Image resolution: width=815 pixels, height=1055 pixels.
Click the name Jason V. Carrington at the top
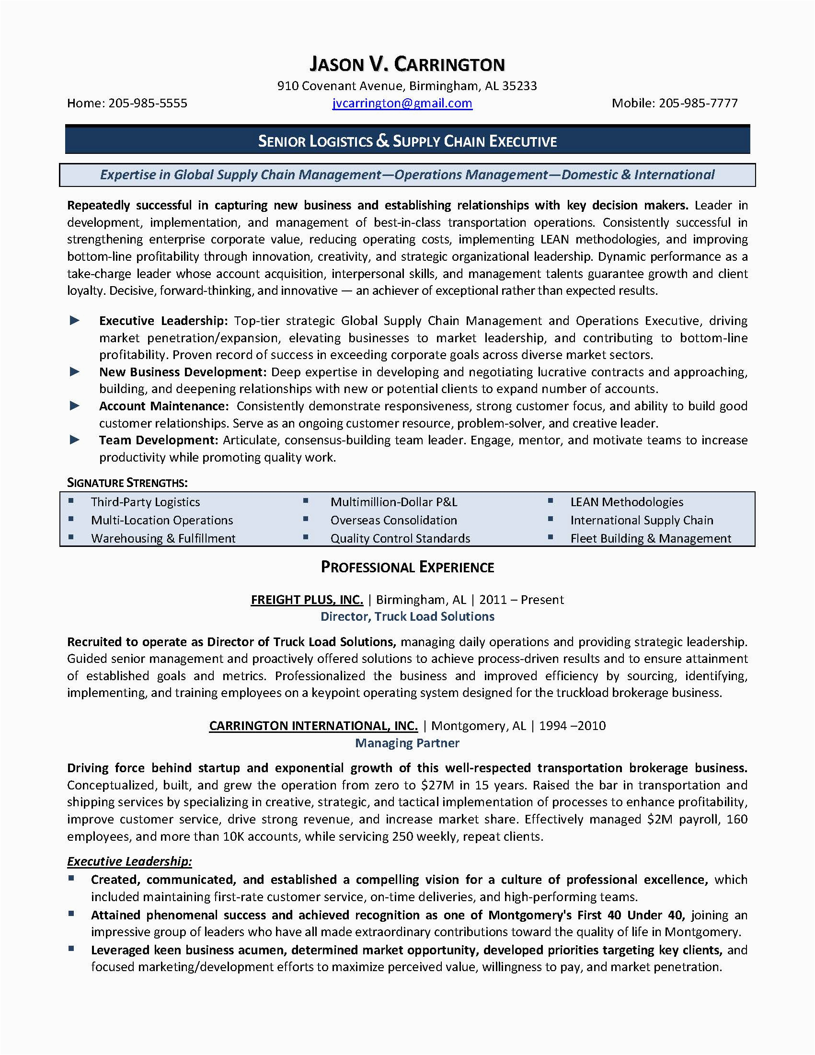tap(407, 64)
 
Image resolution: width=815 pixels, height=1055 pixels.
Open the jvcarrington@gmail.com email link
tap(402, 103)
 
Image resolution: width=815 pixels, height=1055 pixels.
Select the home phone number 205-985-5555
tap(147, 103)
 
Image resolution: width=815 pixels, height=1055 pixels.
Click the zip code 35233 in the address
tap(519, 86)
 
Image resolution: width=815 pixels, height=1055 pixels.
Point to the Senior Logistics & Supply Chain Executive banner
tap(407, 141)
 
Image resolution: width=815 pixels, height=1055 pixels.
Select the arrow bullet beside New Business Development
tap(75, 371)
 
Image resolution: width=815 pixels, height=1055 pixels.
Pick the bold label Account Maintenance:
tap(163, 406)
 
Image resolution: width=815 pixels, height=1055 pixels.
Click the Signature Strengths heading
tap(127, 482)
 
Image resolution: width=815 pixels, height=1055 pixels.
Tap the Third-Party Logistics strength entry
tap(145, 502)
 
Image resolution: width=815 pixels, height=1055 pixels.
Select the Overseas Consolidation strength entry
tap(393, 520)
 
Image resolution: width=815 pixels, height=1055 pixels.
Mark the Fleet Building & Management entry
tap(650, 538)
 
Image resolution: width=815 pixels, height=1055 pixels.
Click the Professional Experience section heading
tap(407, 567)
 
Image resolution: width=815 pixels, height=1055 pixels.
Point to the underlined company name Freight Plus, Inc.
tap(307, 600)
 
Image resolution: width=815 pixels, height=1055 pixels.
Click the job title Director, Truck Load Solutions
tap(407, 616)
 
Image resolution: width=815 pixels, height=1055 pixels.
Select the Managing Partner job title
tap(407, 742)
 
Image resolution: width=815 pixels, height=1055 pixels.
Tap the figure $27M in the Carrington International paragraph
tap(440, 785)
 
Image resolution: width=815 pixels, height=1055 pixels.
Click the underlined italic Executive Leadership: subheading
tap(129, 861)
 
